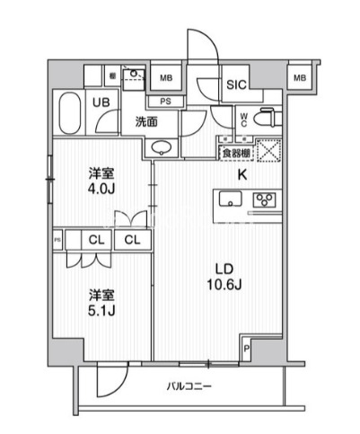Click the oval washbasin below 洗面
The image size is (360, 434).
[162, 147]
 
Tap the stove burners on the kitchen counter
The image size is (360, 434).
[265, 200]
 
